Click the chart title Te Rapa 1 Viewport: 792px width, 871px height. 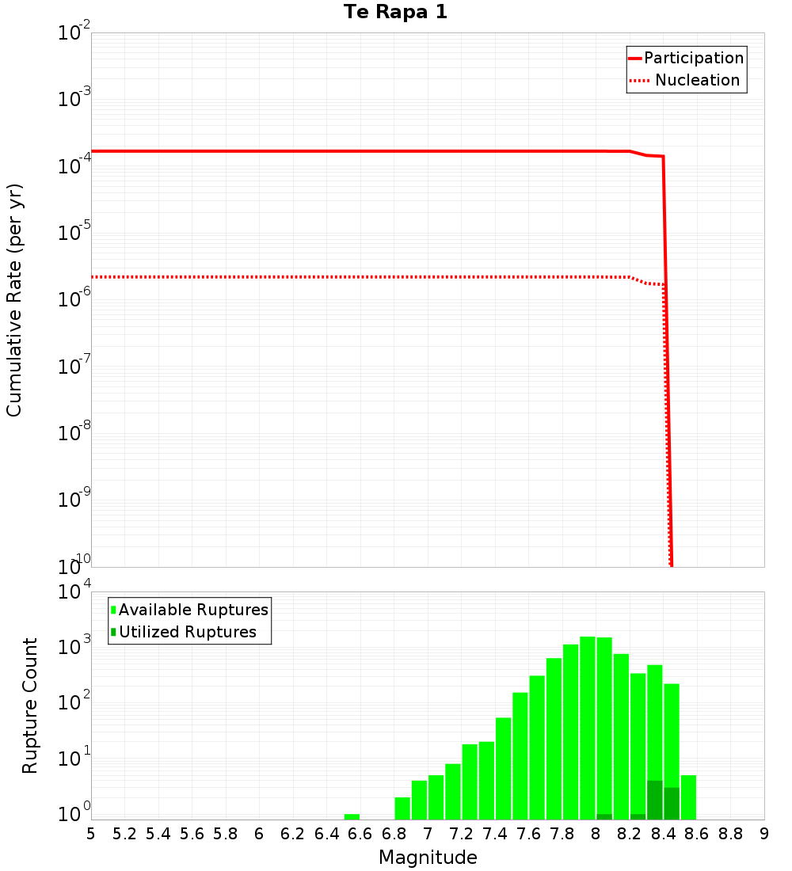pyautogui.click(x=395, y=13)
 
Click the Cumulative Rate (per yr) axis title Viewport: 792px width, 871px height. pyautogui.click(x=14, y=300)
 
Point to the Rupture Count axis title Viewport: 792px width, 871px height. pyautogui.click(x=30, y=706)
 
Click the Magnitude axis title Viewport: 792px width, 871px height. pyautogui.click(x=428, y=858)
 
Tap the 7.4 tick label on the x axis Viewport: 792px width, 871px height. pyautogui.click(x=495, y=834)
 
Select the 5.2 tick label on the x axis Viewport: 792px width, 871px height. pyautogui.click(x=124, y=834)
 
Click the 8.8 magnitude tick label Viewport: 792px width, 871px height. pyautogui.click(x=730, y=834)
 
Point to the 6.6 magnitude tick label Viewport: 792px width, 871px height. pyautogui.click(x=360, y=834)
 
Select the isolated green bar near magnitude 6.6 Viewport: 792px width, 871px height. pyautogui.click(x=352, y=816)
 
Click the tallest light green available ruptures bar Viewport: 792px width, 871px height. pyautogui.click(x=588, y=728)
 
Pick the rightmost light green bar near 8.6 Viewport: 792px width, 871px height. pyautogui.click(x=688, y=797)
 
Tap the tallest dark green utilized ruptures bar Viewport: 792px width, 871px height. pyautogui.click(x=655, y=800)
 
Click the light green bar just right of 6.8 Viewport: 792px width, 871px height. pyautogui.click(x=402, y=808)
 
